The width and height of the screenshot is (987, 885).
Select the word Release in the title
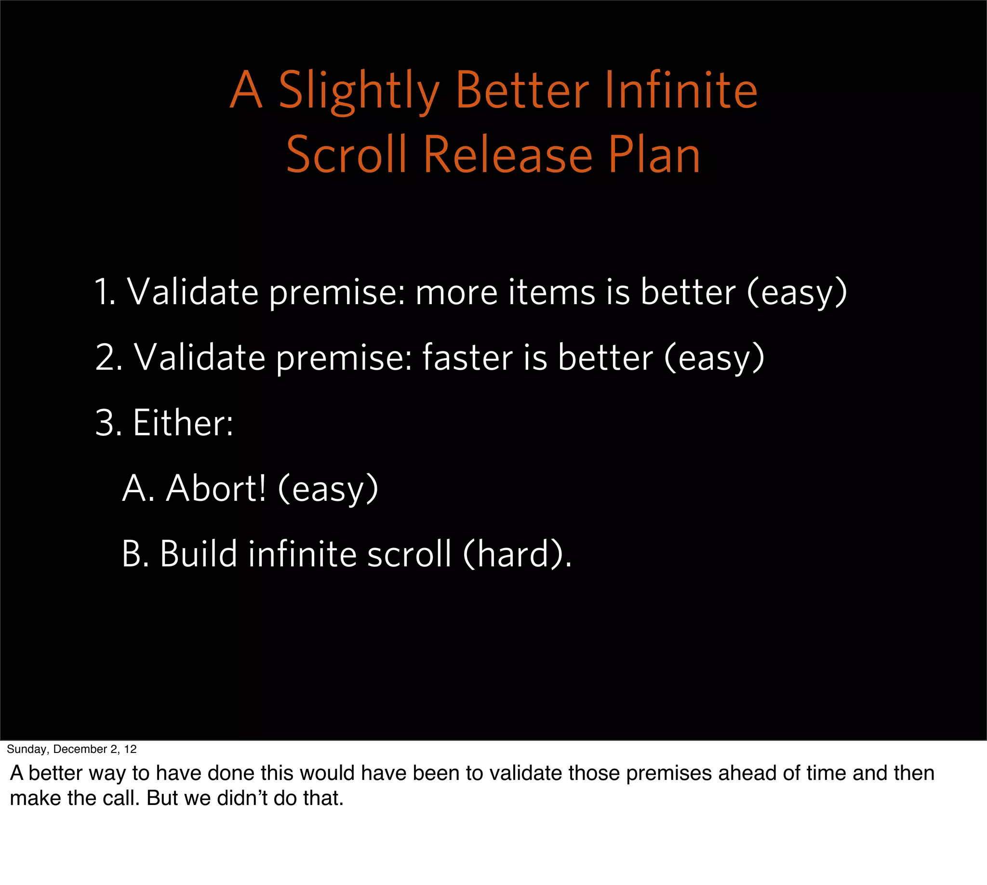point(507,155)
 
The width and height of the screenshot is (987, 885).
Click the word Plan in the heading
point(654,155)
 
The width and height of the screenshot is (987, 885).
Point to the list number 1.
point(104,292)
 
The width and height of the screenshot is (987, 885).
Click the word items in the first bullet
point(551,292)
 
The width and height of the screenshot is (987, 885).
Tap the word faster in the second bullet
point(467,357)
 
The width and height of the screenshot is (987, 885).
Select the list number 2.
point(108,357)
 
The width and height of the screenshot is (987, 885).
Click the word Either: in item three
point(183,423)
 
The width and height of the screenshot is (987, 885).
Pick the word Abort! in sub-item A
point(216,488)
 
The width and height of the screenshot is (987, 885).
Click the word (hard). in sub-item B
point(517,554)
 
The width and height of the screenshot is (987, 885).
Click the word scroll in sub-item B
point(409,554)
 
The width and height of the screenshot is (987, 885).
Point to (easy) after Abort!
point(328,489)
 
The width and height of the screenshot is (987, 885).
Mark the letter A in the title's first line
point(246,91)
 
